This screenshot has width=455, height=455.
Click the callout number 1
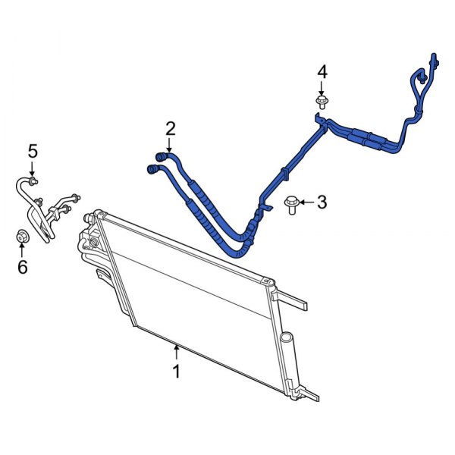coord(176,372)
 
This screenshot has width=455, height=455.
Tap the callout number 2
coord(170,128)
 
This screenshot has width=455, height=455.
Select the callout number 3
coord(322,202)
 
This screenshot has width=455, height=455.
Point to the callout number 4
coord(322,72)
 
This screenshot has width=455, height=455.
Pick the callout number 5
coord(33,151)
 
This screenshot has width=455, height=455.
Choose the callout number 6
coord(23,266)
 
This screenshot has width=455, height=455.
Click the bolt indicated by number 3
coord(290,204)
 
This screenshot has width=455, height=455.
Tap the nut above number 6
coord(23,237)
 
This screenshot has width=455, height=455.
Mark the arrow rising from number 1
coord(176,351)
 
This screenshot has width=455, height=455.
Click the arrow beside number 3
coord(305,202)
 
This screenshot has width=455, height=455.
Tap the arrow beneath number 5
coord(33,168)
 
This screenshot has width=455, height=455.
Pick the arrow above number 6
coord(23,250)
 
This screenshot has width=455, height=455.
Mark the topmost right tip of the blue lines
coord(433,58)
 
